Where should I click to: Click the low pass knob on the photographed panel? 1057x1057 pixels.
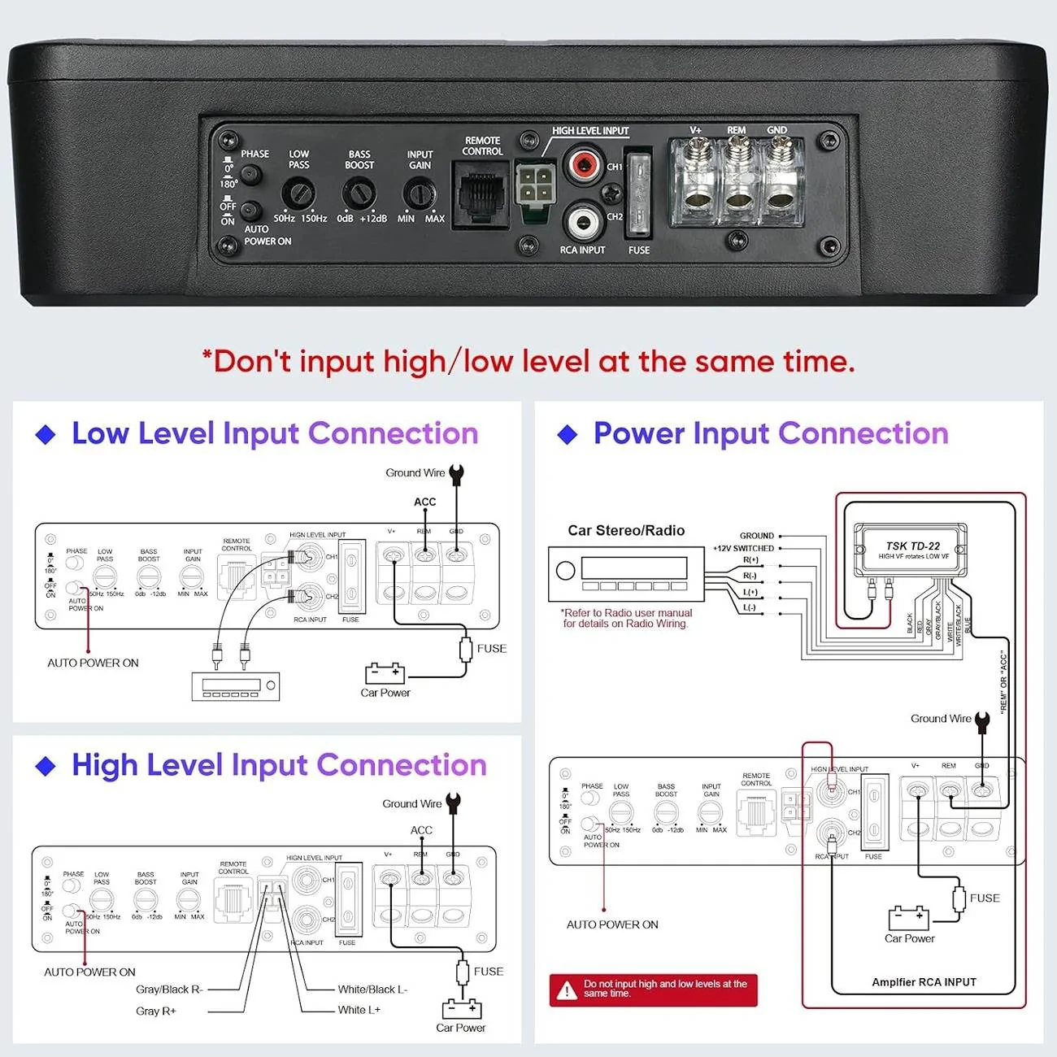coord(298,194)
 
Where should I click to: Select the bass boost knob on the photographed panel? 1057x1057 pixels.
coord(359,194)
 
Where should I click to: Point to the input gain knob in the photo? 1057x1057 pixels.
coord(420,194)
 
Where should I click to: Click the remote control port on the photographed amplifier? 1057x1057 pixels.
coord(481,194)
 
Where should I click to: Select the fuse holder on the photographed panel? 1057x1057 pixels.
coord(638,194)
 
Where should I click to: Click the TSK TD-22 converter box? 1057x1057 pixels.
coord(911,550)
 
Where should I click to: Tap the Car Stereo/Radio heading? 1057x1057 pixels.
coord(626,530)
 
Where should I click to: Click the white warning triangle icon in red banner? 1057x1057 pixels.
coord(567,990)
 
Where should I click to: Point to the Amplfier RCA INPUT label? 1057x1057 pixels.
coord(924,982)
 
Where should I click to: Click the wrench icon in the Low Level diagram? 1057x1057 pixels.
coord(456,475)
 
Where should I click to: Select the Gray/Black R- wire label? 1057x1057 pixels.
coord(169,990)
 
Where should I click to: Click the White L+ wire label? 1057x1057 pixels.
coord(359,1010)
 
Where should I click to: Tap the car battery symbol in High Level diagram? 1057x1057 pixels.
coord(462,1008)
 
